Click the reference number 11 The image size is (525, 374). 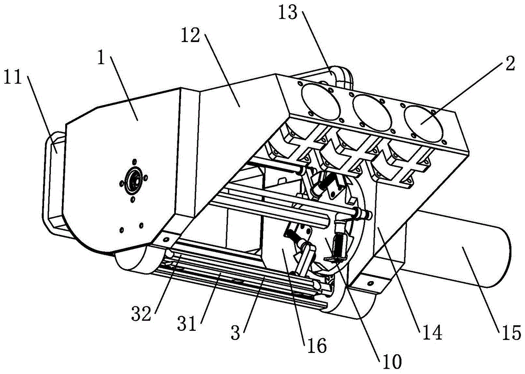click(x=13, y=78)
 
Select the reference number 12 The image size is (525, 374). click(x=191, y=35)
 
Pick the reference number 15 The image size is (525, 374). click(x=511, y=333)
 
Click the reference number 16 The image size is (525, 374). click(x=317, y=345)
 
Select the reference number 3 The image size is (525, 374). click(x=236, y=333)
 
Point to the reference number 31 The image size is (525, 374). click(x=186, y=324)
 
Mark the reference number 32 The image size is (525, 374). click(x=141, y=314)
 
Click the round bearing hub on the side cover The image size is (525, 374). click(x=133, y=181)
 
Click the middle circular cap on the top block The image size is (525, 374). click(x=373, y=113)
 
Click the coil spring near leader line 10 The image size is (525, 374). click(x=340, y=245)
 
